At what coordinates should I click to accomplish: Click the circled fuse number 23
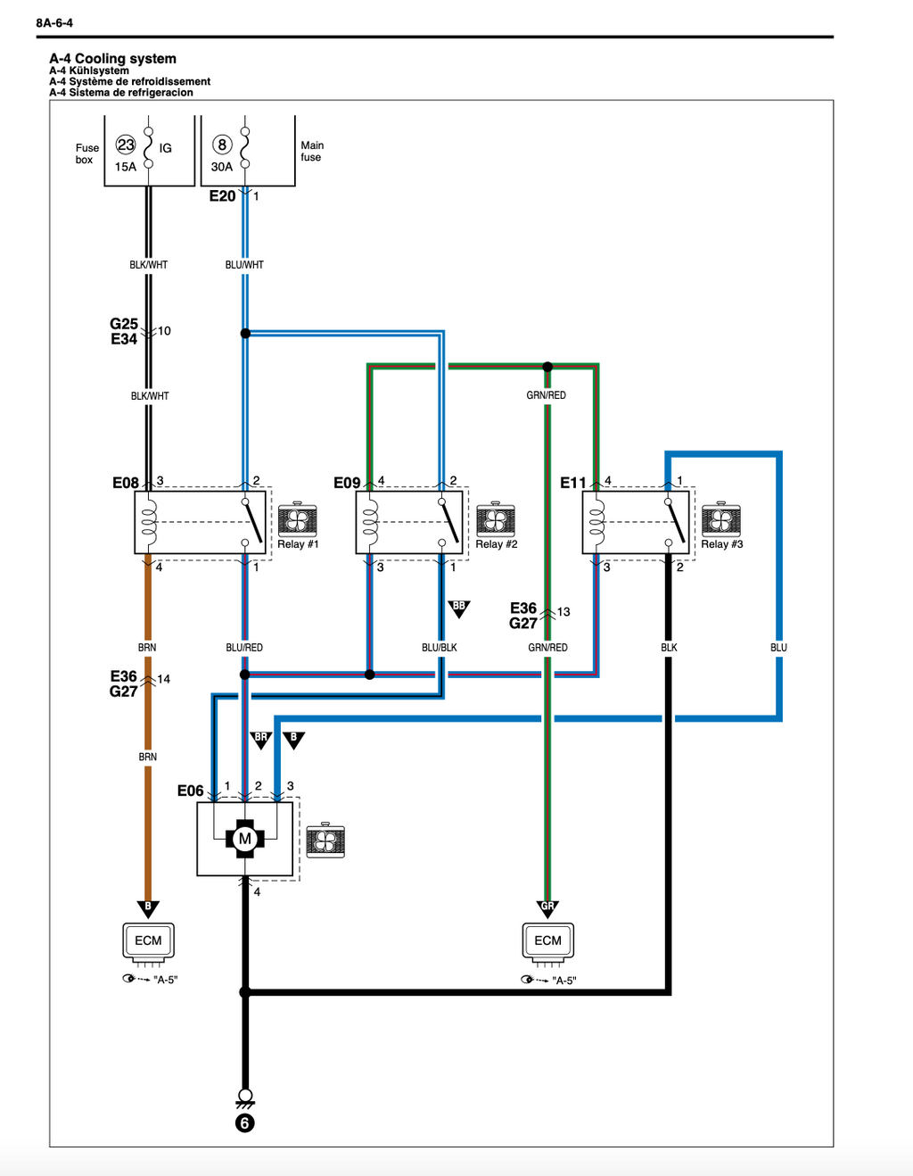pyautogui.click(x=126, y=145)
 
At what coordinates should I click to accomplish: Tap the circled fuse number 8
pyautogui.click(x=222, y=145)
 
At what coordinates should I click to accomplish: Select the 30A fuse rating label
pyautogui.click(x=222, y=167)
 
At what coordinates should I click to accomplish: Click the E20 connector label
pyautogui.click(x=223, y=196)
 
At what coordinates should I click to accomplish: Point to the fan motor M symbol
pyautogui.click(x=245, y=839)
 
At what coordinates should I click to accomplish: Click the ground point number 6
pyautogui.click(x=245, y=1123)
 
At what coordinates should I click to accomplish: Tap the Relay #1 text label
pyautogui.click(x=298, y=544)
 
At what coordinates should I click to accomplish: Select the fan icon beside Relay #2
pyautogui.click(x=496, y=519)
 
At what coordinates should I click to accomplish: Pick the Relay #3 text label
pyautogui.click(x=721, y=544)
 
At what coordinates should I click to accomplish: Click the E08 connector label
pyautogui.click(x=126, y=483)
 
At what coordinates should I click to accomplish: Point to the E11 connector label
pyautogui.click(x=573, y=483)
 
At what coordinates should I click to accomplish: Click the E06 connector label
pyautogui.click(x=190, y=791)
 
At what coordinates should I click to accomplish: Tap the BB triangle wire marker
pyautogui.click(x=459, y=609)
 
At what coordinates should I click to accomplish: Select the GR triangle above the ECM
pyautogui.click(x=547, y=909)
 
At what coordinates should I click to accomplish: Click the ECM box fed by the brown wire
pyautogui.click(x=148, y=940)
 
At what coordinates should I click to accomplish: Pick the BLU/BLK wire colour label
pyautogui.click(x=440, y=647)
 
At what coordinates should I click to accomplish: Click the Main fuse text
pyautogui.click(x=312, y=151)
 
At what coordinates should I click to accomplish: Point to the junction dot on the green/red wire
pyautogui.click(x=547, y=367)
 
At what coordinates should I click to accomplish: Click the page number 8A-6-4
pyautogui.click(x=54, y=22)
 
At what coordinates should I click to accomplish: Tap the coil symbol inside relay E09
pyautogui.click(x=370, y=522)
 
